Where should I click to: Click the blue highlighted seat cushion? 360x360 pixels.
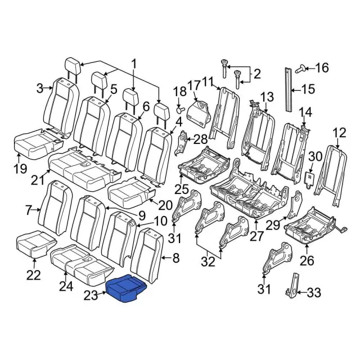tap(127, 290)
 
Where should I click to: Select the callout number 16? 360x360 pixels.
tap(321, 68)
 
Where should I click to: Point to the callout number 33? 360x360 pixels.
tap(313, 292)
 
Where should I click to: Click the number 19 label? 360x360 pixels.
tap(20, 168)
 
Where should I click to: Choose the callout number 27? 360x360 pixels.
tap(257, 236)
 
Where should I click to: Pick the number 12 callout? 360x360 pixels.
tap(340, 133)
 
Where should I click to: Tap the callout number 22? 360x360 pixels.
tap(34, 275)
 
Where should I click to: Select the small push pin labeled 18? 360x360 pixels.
tap(180, 108)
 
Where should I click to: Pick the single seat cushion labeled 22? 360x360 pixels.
tap(35, 242)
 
